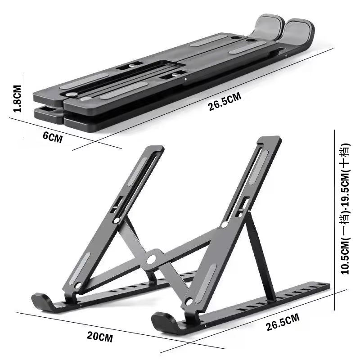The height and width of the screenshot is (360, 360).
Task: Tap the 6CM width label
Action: pos(52,137)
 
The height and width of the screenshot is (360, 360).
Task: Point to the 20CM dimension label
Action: pos(100,335)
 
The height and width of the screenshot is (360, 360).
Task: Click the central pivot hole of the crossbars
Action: pos(151,259)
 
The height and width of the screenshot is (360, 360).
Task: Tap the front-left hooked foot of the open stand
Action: pos(43,301)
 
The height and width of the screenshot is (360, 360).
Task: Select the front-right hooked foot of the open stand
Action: pos(163,320)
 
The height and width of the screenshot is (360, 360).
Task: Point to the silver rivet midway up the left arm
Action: pos(117,220)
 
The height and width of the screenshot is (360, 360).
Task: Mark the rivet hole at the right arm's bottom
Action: pos(189,301)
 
